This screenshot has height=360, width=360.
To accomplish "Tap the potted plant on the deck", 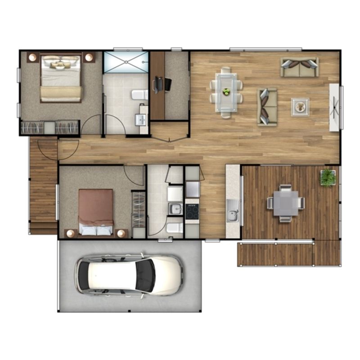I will tap(328, 177).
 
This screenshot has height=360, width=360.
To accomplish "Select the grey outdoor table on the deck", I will tap(285, 203).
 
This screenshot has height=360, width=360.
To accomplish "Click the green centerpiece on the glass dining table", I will tap(226, 92).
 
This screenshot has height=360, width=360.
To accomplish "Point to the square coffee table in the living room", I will tap(300, 107).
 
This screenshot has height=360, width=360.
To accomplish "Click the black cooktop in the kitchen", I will tap(192, 211).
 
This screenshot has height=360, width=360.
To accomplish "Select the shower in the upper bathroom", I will tap(126, 62).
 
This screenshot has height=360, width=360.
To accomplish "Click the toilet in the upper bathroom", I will tap(140, 95).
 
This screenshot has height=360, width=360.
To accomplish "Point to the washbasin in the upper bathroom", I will tap(140, 120).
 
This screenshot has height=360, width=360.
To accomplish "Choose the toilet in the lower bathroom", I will tap(175, 228).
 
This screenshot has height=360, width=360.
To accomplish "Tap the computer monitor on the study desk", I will tap(156, 85).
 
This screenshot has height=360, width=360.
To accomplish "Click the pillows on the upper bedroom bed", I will tap(60, 63).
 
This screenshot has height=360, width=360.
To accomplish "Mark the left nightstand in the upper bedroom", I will tap(32, 57).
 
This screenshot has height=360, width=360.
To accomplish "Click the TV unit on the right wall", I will tap(334, 107).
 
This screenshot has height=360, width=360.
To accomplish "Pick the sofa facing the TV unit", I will tap(267, 107).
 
